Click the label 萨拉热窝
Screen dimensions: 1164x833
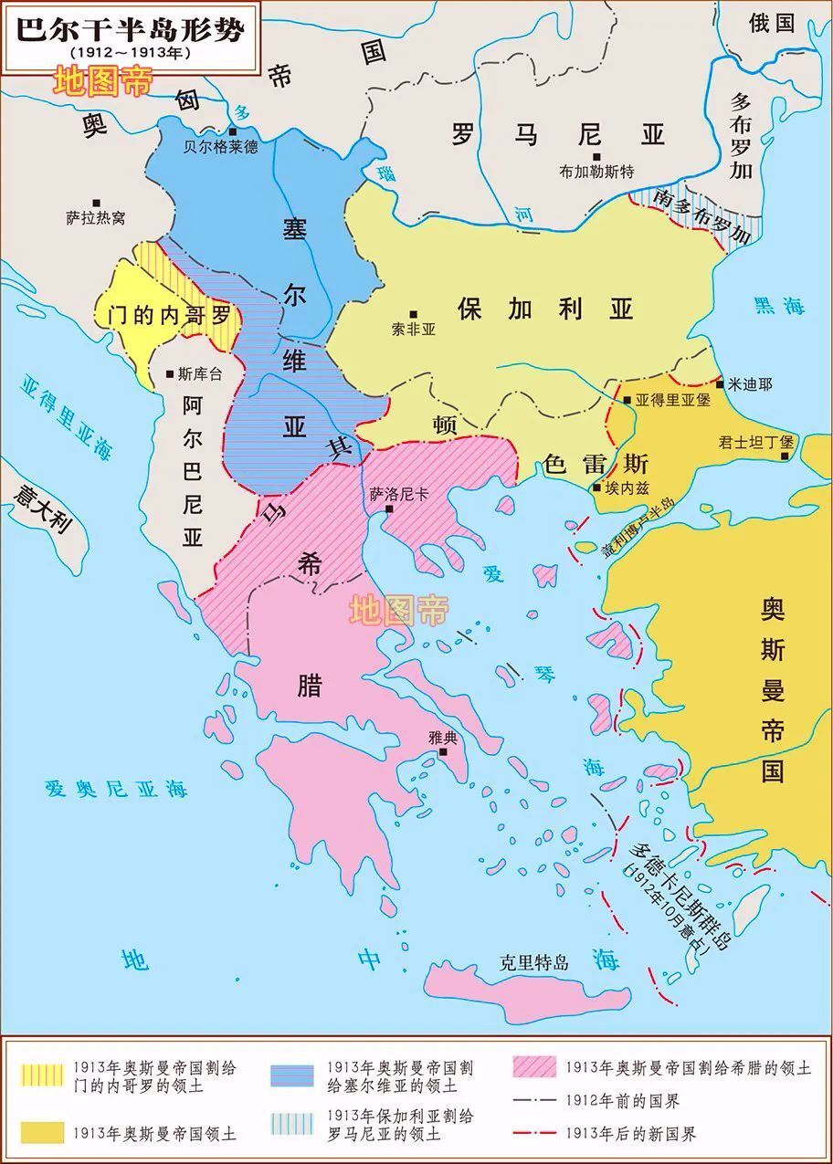tap(95, 218)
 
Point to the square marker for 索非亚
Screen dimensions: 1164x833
tap(413, 314)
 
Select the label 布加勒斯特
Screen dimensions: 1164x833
tap(596, 172)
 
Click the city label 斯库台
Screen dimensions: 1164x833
tap(199, 373)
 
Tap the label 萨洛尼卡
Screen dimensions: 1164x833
tap(398, 494)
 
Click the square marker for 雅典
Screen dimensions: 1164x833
tap(443, 752)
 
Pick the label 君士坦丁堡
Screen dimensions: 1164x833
tap(755, 441)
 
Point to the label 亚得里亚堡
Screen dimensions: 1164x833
tap(672, 400)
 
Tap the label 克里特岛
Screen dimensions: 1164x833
tap(534, 962)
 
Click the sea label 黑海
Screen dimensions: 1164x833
tap(779, 307)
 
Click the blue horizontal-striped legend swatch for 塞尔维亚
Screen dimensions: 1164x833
tap(293, 1076)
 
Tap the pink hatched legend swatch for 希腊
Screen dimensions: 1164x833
tap(533, 1067)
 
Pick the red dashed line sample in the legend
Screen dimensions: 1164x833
tap(533, 1133)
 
